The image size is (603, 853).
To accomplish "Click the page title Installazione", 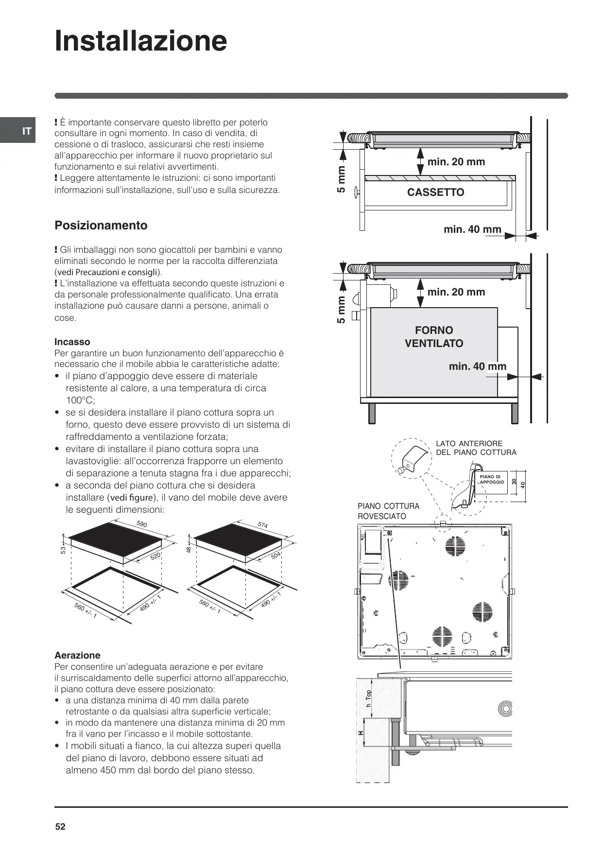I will (x=141, y=41).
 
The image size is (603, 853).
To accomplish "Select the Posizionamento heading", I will (x=101, y=226).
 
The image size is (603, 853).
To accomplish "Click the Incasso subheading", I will (x=72, y=342).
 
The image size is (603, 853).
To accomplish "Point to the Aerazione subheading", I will (x=77, y=655).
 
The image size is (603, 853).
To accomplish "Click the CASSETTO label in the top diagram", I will (x=435, y=192).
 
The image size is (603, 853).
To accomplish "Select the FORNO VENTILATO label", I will (x=434, y=337).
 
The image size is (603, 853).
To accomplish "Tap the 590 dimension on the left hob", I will (x=141, y=524).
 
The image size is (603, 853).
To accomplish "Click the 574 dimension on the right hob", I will (x=262, y=525).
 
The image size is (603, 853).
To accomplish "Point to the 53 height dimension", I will (x=63, y=550).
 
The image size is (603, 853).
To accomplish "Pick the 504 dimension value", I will (x=276, y=556).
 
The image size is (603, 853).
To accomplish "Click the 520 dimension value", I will (x=155, y=557).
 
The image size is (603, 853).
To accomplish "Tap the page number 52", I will (x=60, y=827).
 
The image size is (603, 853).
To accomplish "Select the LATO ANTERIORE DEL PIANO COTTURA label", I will (x=476, y=448).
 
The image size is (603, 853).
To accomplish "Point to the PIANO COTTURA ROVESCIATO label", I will (x=388, y=511).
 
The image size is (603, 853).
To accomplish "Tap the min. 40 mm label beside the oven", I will (x=477, y=366).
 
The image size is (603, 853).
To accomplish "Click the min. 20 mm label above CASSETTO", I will (x=456, y=162).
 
